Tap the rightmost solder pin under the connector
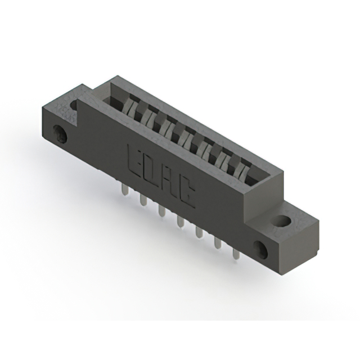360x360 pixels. [x=235, y=255]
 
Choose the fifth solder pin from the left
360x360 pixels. [x=198, y=233]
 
